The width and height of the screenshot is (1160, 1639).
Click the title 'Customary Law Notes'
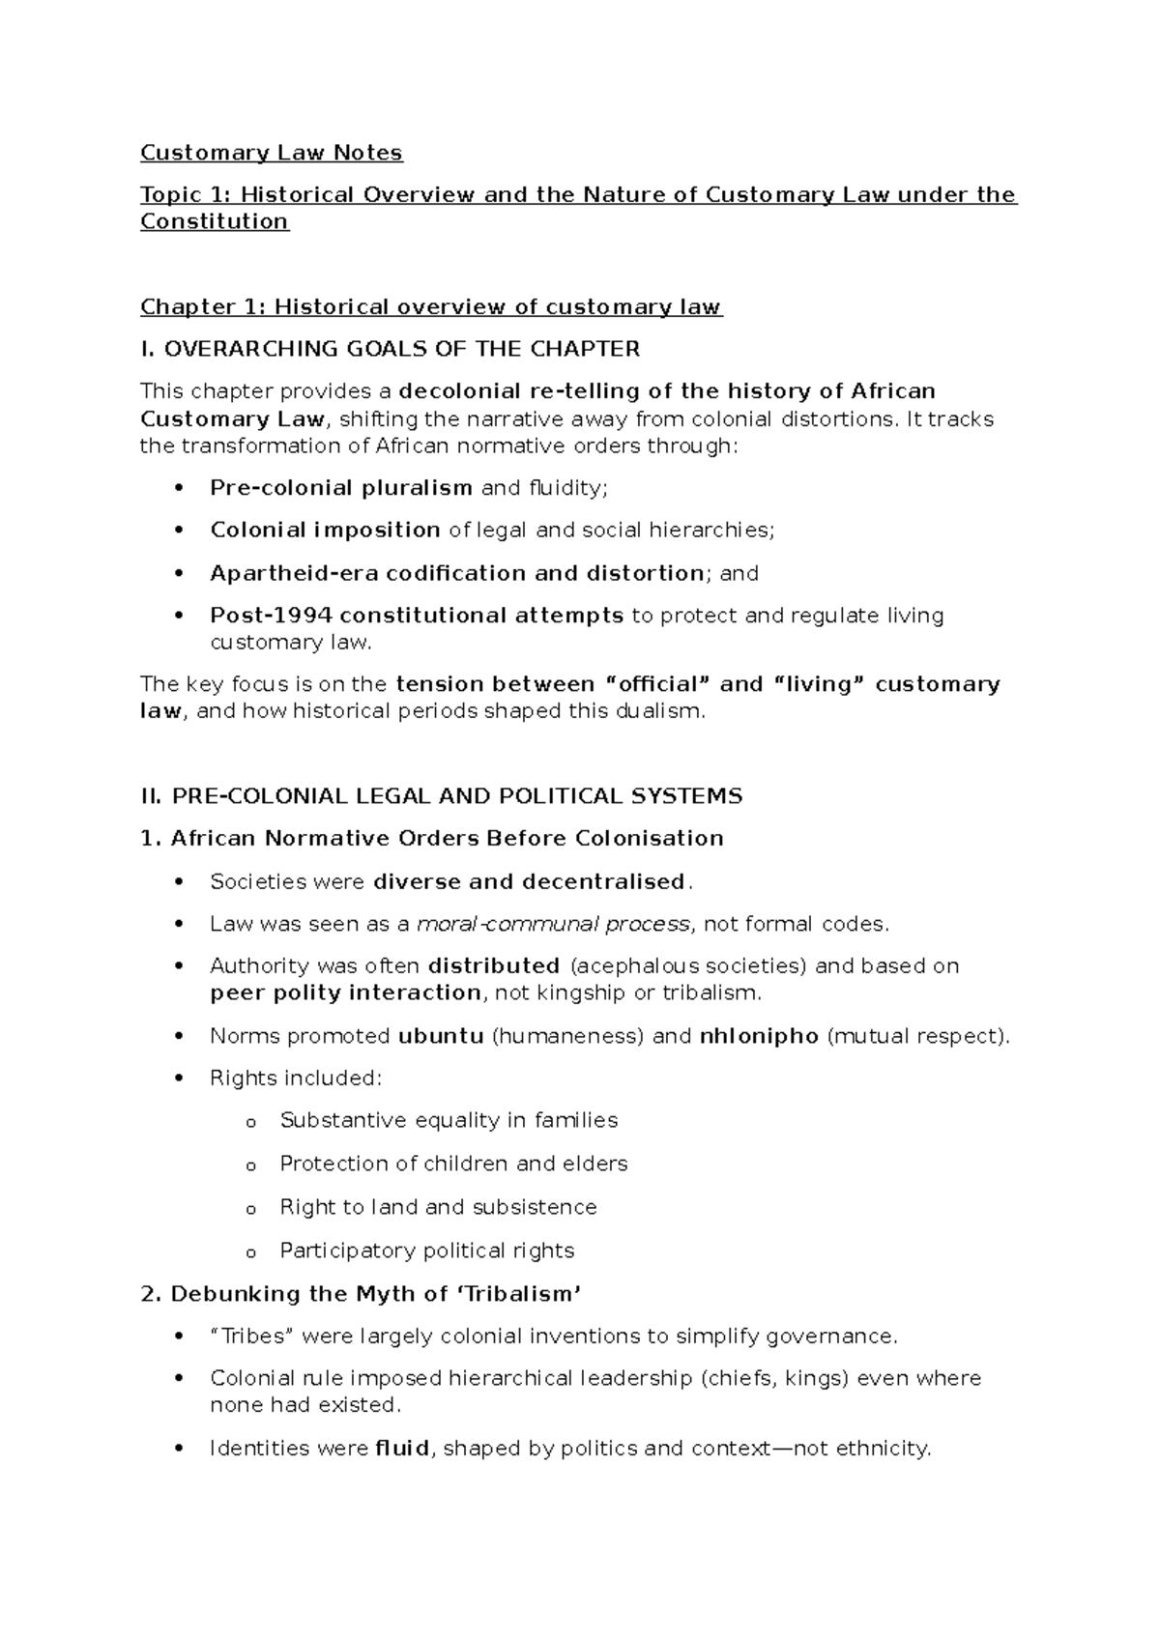pyautogui.click(x=271, y=153)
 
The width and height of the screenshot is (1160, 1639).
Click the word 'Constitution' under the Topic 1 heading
pyautogui.click(x=214, y=221)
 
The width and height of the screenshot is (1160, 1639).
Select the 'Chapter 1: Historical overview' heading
pyautogui.click(x=430, y=307)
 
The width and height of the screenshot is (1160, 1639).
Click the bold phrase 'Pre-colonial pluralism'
pyautogui.click(x=340, y=488)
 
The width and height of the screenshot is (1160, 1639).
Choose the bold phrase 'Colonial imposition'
pyautogui.click(x=325, y=531)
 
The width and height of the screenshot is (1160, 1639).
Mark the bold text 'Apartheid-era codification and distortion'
pyautogui.click(x=456, y=573)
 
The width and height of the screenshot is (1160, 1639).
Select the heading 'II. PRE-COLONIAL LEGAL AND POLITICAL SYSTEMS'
pyautogui.click(x=441, y=796)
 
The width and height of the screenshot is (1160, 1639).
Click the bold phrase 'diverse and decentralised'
pyautogui.click(x=529, y=881)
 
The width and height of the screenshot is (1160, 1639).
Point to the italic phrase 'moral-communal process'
pyautogui.click(x=553, y=924)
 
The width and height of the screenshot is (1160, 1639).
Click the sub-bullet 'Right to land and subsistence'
pyautogui.click(x=438, y=1207)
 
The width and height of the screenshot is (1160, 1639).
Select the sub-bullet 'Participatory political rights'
pyautogui.click(x=426, y=1251)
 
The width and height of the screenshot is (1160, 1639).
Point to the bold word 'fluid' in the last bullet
pyautogui.click(x=401, y=1449)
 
